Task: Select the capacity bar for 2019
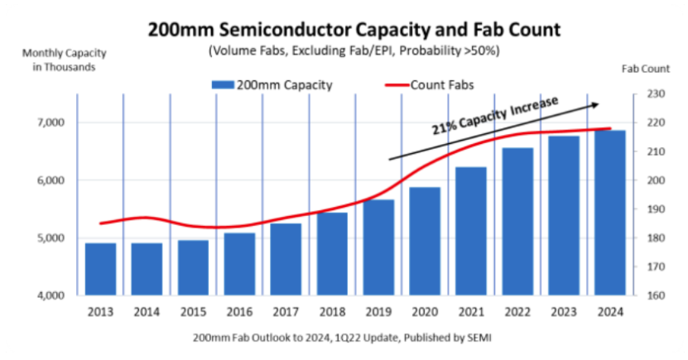coord(379,247)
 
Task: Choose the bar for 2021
coord(472,231)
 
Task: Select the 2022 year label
coord(518,313)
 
